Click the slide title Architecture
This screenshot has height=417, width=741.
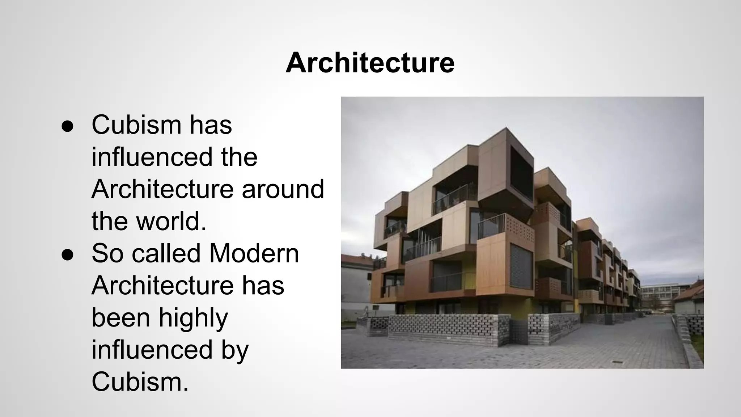coord(370,63)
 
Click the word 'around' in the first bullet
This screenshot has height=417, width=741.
coord(283,189)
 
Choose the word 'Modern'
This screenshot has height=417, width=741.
coord(254,253)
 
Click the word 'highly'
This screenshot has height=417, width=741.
coord(193,318)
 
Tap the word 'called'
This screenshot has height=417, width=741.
coord(166,253)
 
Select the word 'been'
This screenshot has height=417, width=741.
coord(121,318)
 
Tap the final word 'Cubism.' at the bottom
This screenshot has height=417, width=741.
coord(140,382)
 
